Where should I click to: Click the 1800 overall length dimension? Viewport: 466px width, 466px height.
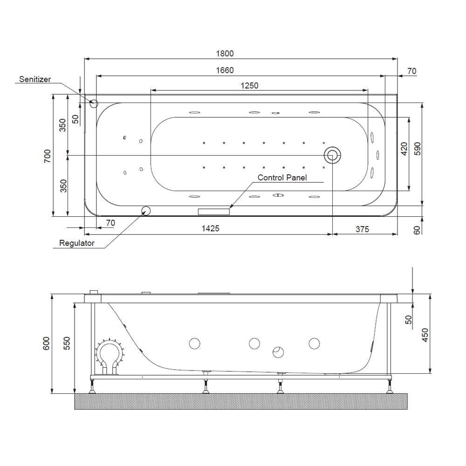tap(225, 54)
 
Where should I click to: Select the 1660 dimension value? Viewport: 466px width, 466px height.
tap(225, 70)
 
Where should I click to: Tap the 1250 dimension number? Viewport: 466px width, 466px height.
tap(249, 85)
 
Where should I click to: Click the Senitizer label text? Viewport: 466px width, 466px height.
tap(35, 80)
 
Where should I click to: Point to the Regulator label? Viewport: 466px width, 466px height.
tap(77, 243)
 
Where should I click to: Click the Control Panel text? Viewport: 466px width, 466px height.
tap(282, 178)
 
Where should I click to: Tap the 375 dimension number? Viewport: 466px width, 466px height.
tap(362, 229)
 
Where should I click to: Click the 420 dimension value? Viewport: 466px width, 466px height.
tap(404, 149)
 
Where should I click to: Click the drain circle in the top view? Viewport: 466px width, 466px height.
tap(333, 155)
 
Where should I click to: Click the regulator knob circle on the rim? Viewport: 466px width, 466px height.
tap(146, 211)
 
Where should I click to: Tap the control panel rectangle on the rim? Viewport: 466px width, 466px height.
tap(214, 212)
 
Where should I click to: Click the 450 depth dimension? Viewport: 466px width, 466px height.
tap(425, 335)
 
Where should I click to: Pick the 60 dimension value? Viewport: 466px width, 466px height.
tap(417, 229)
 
